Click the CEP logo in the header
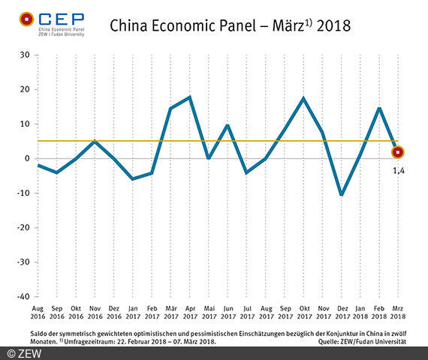tap(52, 22)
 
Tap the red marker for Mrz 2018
tap(398, 152)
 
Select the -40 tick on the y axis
tap(23, 296)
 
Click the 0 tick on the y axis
tap(26, 158)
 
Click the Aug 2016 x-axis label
tap(38, 311)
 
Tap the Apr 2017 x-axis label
tap(191, 311)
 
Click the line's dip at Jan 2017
tap(133, 179)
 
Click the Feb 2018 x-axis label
tap(379, 311)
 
